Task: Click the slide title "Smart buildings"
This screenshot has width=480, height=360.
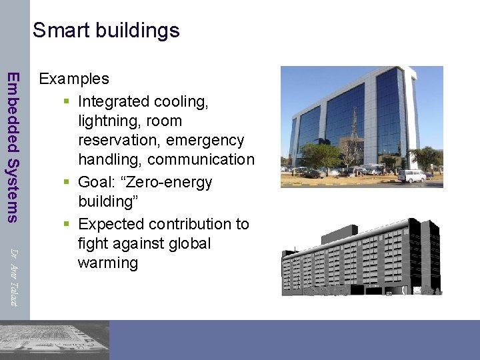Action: (106, 30)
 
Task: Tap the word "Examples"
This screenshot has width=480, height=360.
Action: (74, 79)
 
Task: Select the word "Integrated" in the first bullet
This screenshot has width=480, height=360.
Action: (113, 101)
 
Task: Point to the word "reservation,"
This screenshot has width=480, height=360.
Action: (119, 140)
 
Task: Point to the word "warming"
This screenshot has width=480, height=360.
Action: (108, 263)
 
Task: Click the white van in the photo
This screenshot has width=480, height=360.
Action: (411, 175)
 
